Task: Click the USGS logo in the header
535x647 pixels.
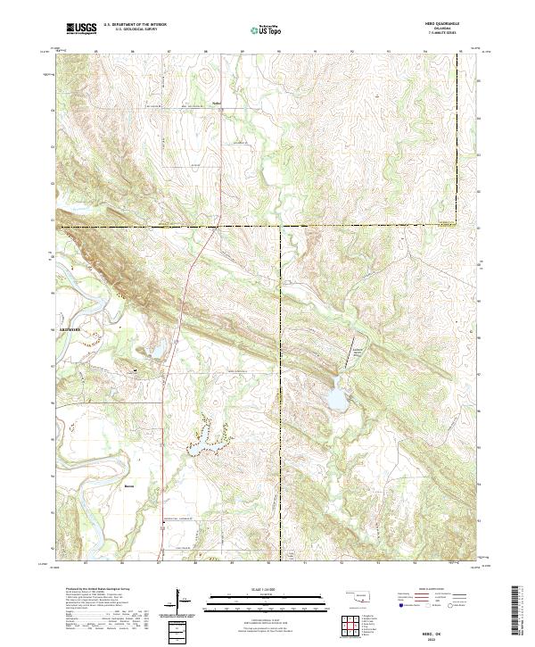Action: click(x=81, y=29)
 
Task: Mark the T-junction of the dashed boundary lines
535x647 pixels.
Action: click(x=281, y=227)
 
